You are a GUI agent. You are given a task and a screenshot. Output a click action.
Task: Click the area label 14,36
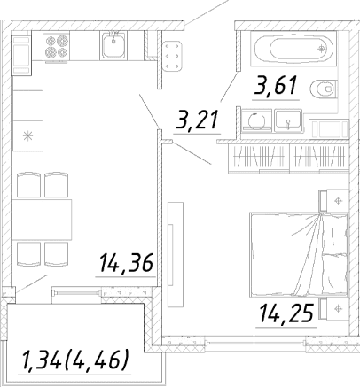[126, 263]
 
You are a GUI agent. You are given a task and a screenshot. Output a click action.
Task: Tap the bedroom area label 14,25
[286, 313]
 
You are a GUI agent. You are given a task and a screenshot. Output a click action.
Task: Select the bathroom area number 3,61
[276, 86]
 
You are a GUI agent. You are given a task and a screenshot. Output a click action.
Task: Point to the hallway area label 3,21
[197, 120]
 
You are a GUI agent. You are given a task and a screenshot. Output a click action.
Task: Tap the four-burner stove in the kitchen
[57, 46]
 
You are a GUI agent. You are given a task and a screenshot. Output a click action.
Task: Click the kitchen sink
[113, 45]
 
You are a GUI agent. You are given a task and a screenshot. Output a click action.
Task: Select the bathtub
[293, 49]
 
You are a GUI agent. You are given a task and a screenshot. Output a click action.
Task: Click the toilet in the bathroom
[324, 89]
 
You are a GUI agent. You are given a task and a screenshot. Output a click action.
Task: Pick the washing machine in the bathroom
[256, 120]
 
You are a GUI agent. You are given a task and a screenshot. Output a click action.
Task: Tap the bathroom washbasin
[288, 120]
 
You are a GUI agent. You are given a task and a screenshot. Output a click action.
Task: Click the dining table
[42, 220]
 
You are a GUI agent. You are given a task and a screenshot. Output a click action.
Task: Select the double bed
[299, 254]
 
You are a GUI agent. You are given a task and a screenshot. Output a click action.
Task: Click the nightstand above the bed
[333, 201]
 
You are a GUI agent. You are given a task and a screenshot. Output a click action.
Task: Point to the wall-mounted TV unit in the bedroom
[176, 255]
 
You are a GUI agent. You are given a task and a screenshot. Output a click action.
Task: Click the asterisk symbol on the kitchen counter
[28, 135]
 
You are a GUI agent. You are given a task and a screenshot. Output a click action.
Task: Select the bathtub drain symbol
[321, 49]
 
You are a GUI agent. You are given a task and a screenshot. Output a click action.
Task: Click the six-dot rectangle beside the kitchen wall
[172, 56]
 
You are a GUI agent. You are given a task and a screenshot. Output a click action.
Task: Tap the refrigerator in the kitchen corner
[21, 55]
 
